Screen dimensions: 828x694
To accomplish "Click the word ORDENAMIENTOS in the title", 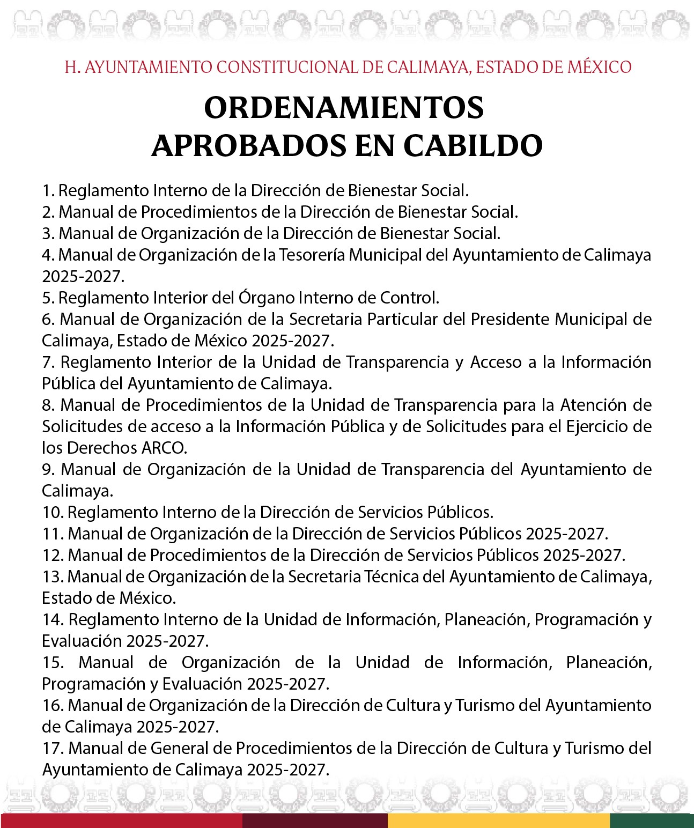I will point(344,108).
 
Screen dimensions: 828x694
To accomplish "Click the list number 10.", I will point(53,513).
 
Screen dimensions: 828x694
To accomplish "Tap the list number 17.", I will point(53,749).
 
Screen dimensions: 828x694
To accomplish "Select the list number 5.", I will point(48,298).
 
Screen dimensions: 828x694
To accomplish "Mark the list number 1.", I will point(48,191).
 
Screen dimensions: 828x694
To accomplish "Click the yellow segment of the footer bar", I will point(498,820).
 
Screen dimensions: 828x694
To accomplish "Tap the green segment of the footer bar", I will point(652,820).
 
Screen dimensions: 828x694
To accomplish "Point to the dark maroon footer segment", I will point(315,820).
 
